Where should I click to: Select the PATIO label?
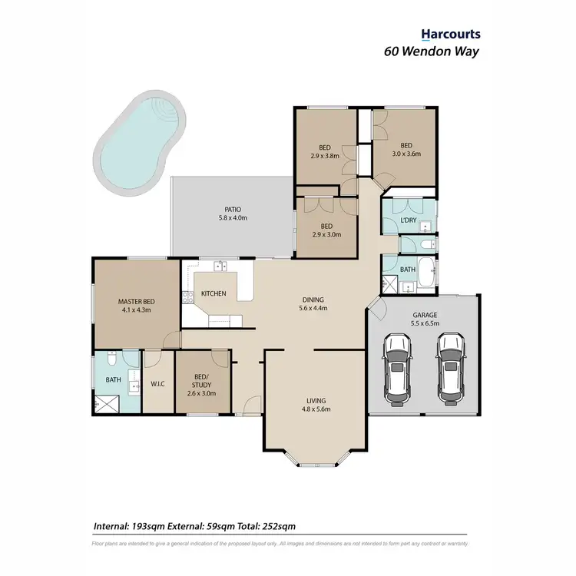pos(233,208)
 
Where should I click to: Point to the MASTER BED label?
pos(136,301)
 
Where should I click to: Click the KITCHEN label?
pos(214,293)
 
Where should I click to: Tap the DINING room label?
pos(313,300)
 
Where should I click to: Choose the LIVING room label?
pos(316,400)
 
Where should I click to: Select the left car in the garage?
pos(398,368)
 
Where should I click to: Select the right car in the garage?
pos(451,368)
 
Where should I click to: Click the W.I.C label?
pos(159,383)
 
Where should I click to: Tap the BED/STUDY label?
pos(201,383)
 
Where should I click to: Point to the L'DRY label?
pos(408,220)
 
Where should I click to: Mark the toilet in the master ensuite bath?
pos(112,359)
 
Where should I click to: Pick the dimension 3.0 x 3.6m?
pos(406,154)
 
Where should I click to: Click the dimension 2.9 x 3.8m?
pos(324,156)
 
